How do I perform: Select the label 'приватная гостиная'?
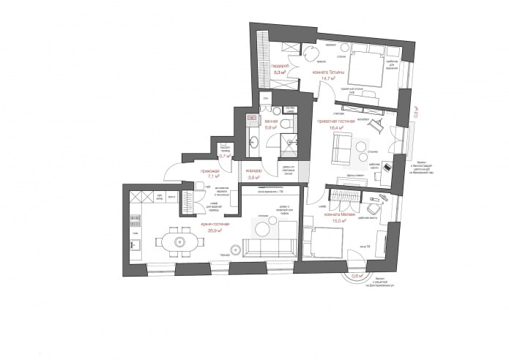[x=337, y=121]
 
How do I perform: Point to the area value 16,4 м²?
[x=338, y=128]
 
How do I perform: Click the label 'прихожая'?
[x=215, y=170]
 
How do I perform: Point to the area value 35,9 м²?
[x=215, y=230]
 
